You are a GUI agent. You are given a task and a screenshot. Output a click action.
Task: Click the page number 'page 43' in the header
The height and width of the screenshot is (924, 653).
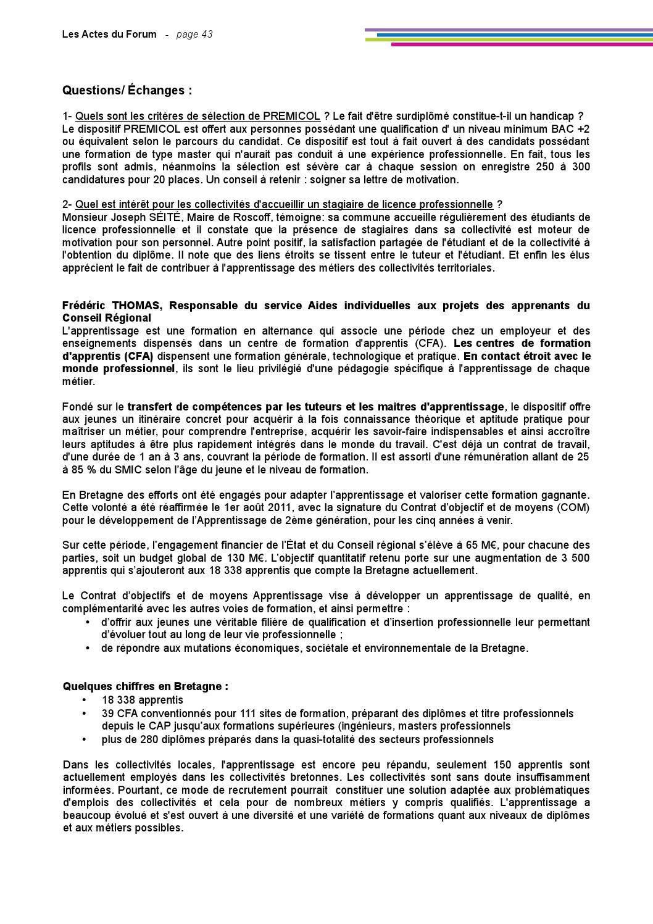pyautogui.click(x=194, y=35)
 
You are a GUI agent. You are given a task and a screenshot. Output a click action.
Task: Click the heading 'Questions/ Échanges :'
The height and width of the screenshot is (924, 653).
pyautogui.click(x=127, y=91)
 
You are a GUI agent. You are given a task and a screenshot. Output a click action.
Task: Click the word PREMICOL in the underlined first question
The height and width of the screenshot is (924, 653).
pyautogui.click(x=291, y=116)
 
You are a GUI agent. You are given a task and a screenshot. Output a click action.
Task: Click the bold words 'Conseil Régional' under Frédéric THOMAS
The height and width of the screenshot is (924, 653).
pyautogui.click(x=106, y=318)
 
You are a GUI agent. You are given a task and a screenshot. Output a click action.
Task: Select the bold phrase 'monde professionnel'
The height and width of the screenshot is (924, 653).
pyautogui.click(x=118, y=368)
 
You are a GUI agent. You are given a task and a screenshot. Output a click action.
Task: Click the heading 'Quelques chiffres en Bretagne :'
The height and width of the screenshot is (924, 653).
pyautogui.click(x=145, y=686)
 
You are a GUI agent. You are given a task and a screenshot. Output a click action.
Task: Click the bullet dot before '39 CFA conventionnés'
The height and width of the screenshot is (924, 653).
pyautogui.click(x=85, y=714)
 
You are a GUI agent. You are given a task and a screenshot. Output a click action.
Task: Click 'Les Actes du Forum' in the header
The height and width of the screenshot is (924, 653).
pyautogui.click(x=109, y=35)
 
